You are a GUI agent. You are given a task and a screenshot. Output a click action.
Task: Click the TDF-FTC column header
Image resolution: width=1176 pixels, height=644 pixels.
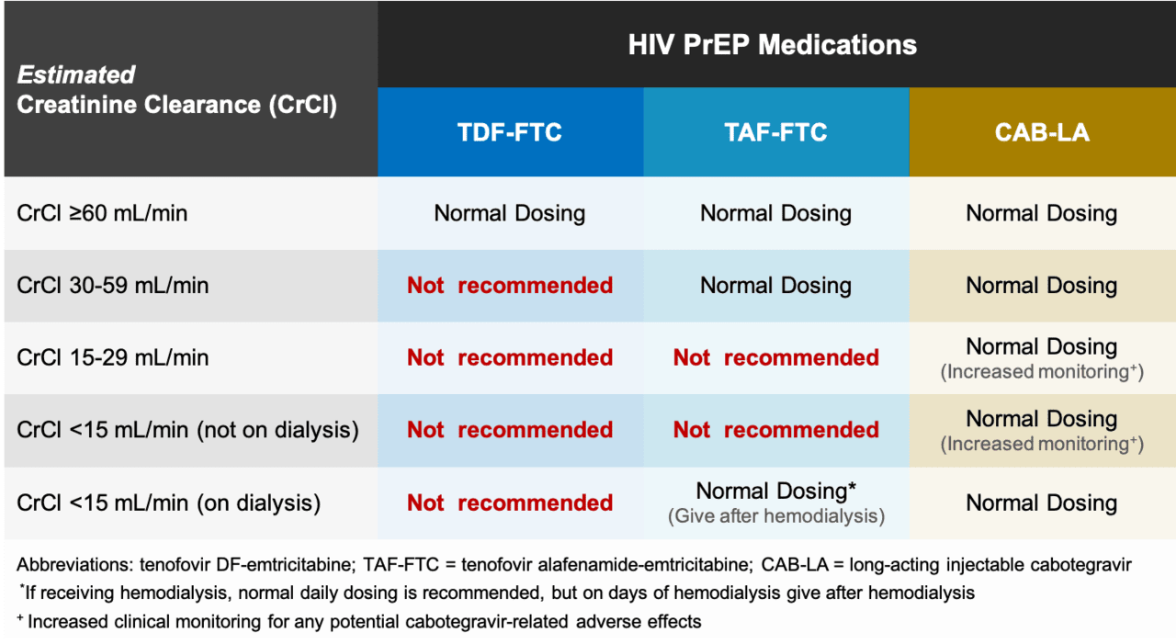509,132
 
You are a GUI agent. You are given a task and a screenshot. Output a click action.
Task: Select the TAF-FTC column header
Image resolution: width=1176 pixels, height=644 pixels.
775,132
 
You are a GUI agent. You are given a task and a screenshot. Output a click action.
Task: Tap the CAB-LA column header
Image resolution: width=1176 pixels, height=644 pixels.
1042,132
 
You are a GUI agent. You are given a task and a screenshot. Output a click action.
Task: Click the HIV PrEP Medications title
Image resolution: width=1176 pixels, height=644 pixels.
772,45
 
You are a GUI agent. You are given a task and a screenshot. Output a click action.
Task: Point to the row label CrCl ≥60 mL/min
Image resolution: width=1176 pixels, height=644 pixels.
102,213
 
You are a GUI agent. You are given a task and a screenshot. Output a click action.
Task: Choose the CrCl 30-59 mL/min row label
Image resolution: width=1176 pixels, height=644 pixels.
112,286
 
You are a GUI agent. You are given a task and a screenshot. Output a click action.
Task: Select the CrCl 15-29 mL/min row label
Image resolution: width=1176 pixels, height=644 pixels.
112,357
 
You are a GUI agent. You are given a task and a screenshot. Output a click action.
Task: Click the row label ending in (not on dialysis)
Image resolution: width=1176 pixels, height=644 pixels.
187,429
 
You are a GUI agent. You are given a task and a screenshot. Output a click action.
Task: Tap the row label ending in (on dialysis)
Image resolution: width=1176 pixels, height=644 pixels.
168,503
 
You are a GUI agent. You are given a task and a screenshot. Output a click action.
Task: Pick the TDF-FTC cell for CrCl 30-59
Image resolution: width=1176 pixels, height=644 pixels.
509,286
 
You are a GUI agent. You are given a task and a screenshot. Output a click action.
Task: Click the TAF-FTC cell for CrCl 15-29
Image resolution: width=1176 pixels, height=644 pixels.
775,357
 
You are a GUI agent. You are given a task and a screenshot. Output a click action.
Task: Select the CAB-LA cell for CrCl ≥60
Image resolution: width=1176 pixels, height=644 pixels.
1042,213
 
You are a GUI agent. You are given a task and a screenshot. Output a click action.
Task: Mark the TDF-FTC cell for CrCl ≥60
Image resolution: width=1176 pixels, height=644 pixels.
509,213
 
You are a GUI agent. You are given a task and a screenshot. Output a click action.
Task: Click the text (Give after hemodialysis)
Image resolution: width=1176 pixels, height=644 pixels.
775,516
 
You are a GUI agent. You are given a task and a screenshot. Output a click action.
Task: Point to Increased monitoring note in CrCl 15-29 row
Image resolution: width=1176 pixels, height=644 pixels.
1042,372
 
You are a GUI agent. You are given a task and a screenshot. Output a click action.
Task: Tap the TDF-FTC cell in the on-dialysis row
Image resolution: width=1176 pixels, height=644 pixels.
509,503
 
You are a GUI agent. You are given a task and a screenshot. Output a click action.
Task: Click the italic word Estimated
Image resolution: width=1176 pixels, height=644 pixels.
76,74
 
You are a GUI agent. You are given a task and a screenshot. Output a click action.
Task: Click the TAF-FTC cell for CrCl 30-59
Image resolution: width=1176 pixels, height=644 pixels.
775,286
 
